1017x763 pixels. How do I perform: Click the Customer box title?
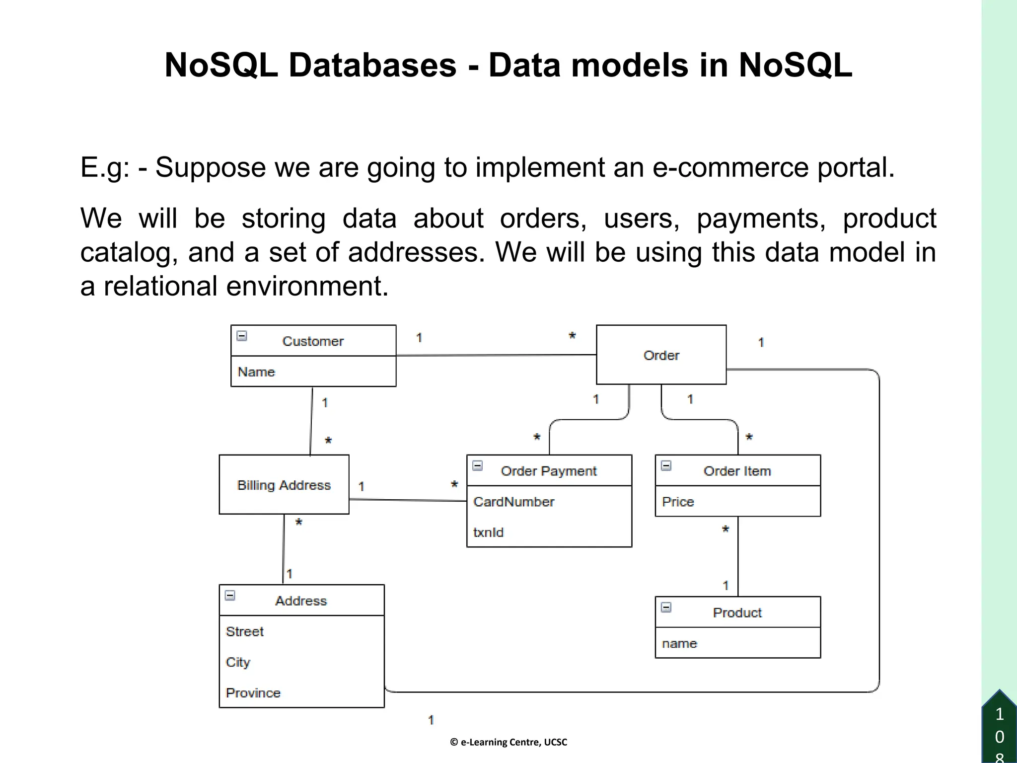click(x=313, y=341)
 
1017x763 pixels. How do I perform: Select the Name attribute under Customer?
click(x=256, y=372)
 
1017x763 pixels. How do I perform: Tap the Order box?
click(x=661, y=355)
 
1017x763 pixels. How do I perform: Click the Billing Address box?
click(x=284, y=485)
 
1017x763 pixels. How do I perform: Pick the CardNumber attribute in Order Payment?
click(x=513, y=502)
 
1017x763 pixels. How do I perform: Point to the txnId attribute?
click(x=488, y=533)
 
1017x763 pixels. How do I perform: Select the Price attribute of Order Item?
click(x=677, y=502)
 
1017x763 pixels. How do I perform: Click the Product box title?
click(x=737, y=612)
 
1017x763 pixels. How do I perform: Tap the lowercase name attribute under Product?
click(x=679, y=643)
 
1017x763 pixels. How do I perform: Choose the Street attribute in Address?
click(x=244, y=631)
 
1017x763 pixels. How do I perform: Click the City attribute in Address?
click(x=238, y=662)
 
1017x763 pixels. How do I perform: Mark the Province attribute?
click(x=253, y=693)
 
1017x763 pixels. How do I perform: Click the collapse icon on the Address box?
click(x=230, y=595)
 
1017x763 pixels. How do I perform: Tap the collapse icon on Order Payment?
click(x=478, y=465)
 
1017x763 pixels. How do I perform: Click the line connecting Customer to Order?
click(x=497, y=355)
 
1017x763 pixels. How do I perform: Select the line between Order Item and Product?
click(x=738, y=556)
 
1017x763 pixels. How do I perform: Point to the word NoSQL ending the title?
click(x=796, y=65)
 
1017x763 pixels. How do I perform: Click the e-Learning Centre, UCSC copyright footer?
click(x=508, y=742)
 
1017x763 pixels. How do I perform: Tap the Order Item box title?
click(x=737, y=471)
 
